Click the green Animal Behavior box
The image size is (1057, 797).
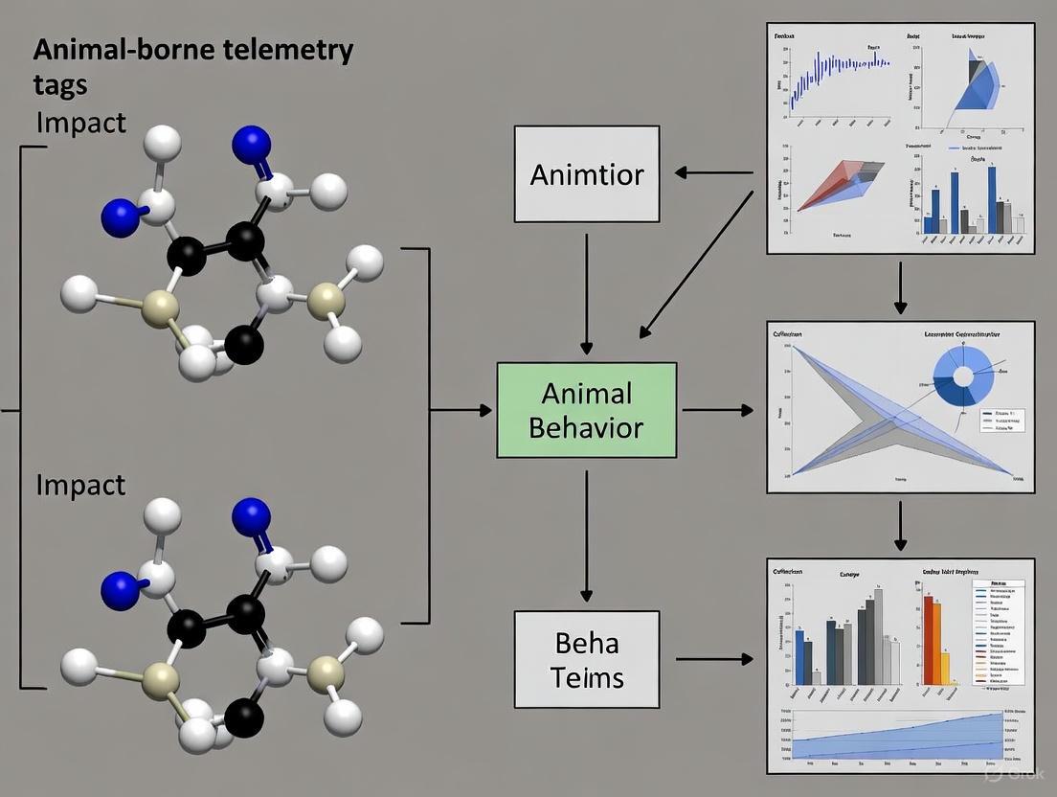tap(586, 410)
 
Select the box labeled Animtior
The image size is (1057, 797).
tap(586, 174)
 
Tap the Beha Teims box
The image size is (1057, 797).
tap(586, 659)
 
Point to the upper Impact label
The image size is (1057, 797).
tap(80, 123)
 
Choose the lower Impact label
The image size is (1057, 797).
tap(80, 485)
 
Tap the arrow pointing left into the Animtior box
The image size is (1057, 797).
tap(713, 173)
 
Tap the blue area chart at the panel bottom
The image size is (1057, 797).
tap(900, 741)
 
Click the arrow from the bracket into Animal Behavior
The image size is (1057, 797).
tap(460, 410)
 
